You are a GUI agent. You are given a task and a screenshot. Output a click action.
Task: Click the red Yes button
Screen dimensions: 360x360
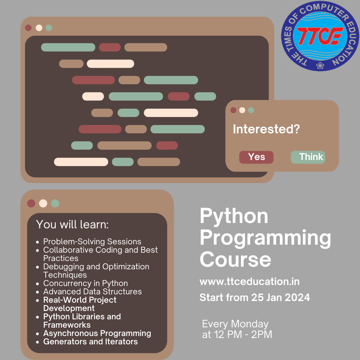tap(256, 157)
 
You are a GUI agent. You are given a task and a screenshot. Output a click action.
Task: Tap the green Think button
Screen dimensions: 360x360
tap(308, 157)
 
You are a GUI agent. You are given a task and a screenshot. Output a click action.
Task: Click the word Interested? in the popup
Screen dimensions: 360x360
tap(266, 129)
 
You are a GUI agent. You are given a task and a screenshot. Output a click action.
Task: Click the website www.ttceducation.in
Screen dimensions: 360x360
tap(249, 282)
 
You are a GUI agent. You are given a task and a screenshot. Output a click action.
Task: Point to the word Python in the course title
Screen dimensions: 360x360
tap(234, 216)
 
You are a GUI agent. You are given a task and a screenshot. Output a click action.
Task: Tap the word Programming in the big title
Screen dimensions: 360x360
tap(265, 238)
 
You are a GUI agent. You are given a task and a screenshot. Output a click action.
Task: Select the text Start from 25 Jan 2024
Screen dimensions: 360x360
tap(255, 297)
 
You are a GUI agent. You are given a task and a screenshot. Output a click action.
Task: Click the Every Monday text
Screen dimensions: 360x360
tap(235, 324)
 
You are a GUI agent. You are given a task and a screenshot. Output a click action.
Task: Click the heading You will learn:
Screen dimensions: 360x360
tap(72, 225)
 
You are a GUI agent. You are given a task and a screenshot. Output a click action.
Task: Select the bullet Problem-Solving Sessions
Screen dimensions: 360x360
tap(92, 242)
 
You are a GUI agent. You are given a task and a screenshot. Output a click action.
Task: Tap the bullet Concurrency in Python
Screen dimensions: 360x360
tap(86, 283)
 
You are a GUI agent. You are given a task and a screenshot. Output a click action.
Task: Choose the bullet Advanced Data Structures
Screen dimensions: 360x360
tap(93, 292)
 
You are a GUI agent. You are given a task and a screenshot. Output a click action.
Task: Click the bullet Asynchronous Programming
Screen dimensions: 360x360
tap(97, 333)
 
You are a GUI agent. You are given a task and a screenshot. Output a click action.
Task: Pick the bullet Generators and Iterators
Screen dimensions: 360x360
tap(91, 342)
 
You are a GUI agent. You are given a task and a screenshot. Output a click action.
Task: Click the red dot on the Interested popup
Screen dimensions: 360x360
tap(233, 110)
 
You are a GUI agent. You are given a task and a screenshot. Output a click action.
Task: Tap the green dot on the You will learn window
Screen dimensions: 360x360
tap(55, 203)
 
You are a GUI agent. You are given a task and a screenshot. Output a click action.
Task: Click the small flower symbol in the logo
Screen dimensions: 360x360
tap(320, 66)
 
